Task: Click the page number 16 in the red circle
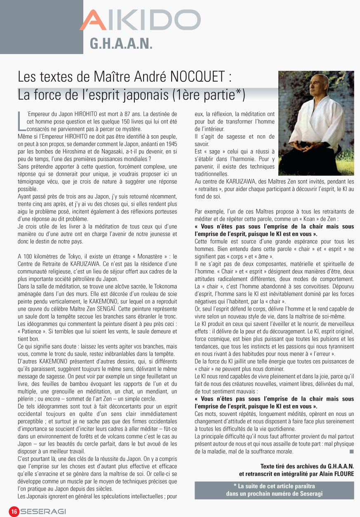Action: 14,512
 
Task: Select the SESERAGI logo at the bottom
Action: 43,512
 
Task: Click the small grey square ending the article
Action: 351,451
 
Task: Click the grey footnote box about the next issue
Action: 274,490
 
